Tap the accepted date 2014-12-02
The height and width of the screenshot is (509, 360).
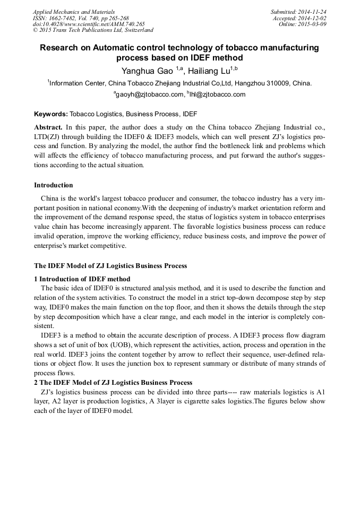point(314,18)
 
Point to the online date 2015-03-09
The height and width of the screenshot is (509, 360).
point(314,24)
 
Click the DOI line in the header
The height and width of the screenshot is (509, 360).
point(88,24)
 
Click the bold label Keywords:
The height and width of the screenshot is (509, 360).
point(51,114)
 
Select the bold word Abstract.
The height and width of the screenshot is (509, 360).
point(48,128)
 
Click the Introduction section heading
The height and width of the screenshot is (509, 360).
point(53,185)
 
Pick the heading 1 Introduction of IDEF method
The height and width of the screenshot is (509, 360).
point(82,279)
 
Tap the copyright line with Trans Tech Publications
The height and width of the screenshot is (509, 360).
point(93,31)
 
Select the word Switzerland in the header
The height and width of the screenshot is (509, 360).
point(137,31)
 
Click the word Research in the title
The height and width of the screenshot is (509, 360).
point(61,48)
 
